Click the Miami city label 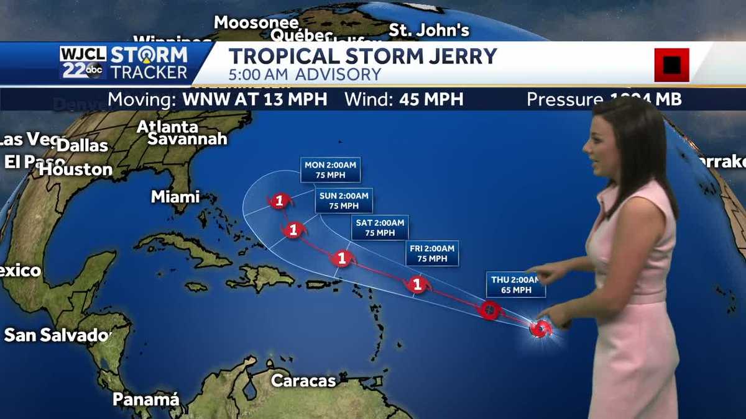coord(175,197)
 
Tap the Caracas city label coord(303,380)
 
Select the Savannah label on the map coord(187,138)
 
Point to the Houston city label coord(76,169)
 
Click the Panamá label coord(145,399)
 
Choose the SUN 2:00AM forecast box coord(344,200)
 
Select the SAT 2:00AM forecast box coord(379,227)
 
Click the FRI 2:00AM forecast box coord(432,253)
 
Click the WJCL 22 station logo coord(83,62)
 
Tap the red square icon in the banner coord(671,65)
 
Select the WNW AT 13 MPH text coord(254,99)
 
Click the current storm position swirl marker coord(540,328)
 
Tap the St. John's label coord(429,30)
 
